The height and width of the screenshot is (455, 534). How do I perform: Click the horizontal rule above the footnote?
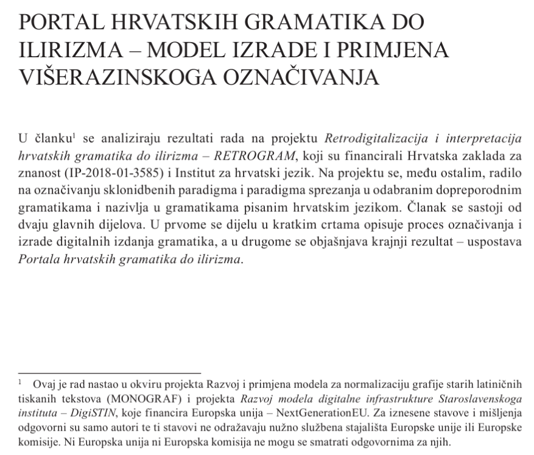pyautogui.click(x=110, y=372)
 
